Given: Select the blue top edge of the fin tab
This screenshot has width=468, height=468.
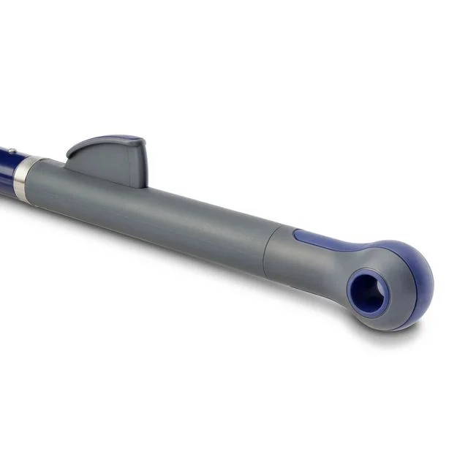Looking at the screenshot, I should (110, 138).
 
